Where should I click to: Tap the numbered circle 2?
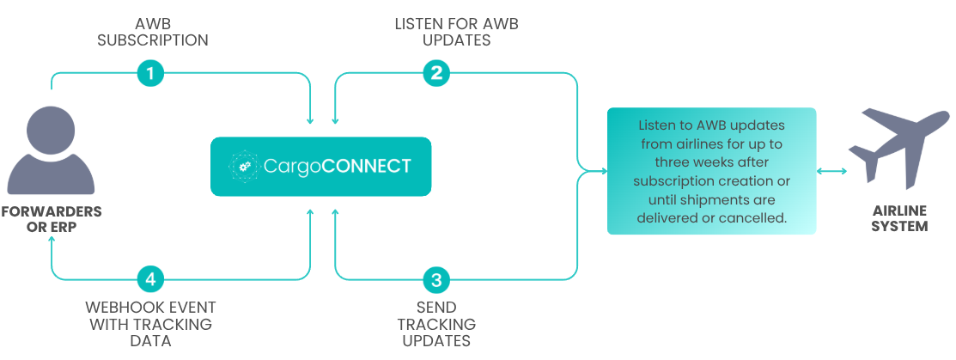click(436, 73)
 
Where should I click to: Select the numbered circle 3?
click(436, 280)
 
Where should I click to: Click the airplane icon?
click(898, 149)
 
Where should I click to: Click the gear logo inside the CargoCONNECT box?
click(243, 167)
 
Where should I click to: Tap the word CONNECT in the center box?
click(367, 167)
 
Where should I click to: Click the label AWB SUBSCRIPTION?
click(152, 33)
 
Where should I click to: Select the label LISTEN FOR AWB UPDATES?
click(456, 33)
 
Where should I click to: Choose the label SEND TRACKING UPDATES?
click(436, 324)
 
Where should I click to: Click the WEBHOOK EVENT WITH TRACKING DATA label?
click(150, 324)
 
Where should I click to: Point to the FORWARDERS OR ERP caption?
click(52, 219)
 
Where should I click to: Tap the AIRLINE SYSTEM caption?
click(899, 218)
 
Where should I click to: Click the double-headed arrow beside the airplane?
click(831, 172)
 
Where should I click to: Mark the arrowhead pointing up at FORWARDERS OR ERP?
click(52, 242)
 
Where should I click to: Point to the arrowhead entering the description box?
click(604, 172)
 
